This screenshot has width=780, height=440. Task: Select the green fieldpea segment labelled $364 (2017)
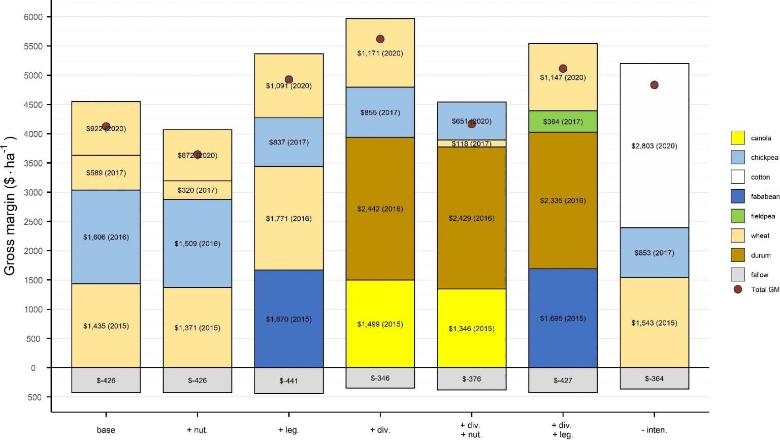[x=563, y=122]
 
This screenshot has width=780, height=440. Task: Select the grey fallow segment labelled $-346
[x=380, y=378]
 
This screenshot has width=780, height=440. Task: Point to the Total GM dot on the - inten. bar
[x=654, y=85]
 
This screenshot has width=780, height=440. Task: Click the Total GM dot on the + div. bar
[x=380, y=39]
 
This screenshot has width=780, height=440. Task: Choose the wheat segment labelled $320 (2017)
[x=197, y=190]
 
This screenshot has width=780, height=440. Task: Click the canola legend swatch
[x=737, y=138]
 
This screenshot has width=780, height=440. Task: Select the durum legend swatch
[x=737, y=255]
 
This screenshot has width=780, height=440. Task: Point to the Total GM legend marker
[x=738, y=289]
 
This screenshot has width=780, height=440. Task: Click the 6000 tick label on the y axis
[x=34, y=17]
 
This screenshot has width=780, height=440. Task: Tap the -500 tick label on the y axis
[x=34, y=397]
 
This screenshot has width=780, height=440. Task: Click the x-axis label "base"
[x=106, y=430]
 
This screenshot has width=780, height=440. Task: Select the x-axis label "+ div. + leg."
[x=562, y=430]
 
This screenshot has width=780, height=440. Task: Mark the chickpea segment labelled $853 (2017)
[x=654, y=253]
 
